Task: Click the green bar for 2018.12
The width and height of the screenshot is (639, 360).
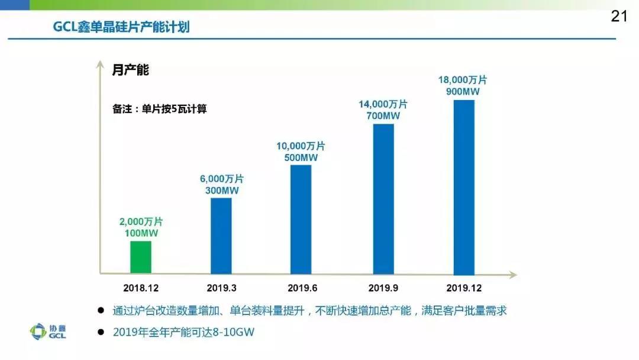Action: (x=141, y=257)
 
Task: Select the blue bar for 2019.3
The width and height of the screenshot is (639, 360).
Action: (x=221, y=236)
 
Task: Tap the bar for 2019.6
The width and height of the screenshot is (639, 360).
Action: (x=302, y=219)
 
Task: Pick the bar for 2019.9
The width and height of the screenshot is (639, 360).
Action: (x=383, y=198)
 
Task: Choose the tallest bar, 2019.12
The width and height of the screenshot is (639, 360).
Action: (x=463, y=187)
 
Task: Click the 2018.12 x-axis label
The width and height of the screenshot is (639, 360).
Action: (x=141, y=288)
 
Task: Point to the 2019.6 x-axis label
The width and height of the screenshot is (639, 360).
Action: (x=302, y=288)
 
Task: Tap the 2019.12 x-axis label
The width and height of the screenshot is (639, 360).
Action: (x=463, y=288)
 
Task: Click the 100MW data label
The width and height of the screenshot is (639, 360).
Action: (x=141, y=233)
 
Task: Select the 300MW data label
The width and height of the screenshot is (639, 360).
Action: (x=221, y=190)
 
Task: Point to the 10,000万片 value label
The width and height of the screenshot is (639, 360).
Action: (x=301, y=146)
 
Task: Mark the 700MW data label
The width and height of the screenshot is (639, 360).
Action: (x=383, y=115)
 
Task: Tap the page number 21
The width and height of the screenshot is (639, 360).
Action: (x=619, y=17)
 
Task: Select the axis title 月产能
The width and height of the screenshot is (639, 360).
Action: (x=130, y=70)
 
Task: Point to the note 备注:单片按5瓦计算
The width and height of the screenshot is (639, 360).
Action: (x=159, y=109)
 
